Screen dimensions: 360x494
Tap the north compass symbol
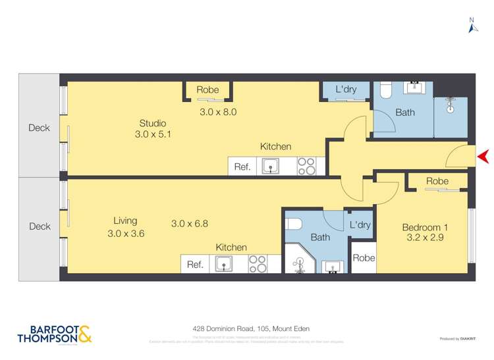pos(472,27)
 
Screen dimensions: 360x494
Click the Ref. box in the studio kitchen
pos(242,167)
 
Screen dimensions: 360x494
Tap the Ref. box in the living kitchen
pos(195,265)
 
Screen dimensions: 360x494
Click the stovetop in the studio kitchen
pos(306,166)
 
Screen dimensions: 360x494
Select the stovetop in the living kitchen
pos(258,264)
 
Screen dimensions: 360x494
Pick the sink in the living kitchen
pos(224,265)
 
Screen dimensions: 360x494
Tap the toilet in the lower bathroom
pos(294,223)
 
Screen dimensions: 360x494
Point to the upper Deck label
pos(40,128)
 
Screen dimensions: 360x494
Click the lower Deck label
pos(40,226)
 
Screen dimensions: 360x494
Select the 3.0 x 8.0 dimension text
pos(218,112)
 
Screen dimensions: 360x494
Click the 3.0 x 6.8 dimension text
pos(190,223)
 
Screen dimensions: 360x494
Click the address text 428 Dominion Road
pos(251,328)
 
